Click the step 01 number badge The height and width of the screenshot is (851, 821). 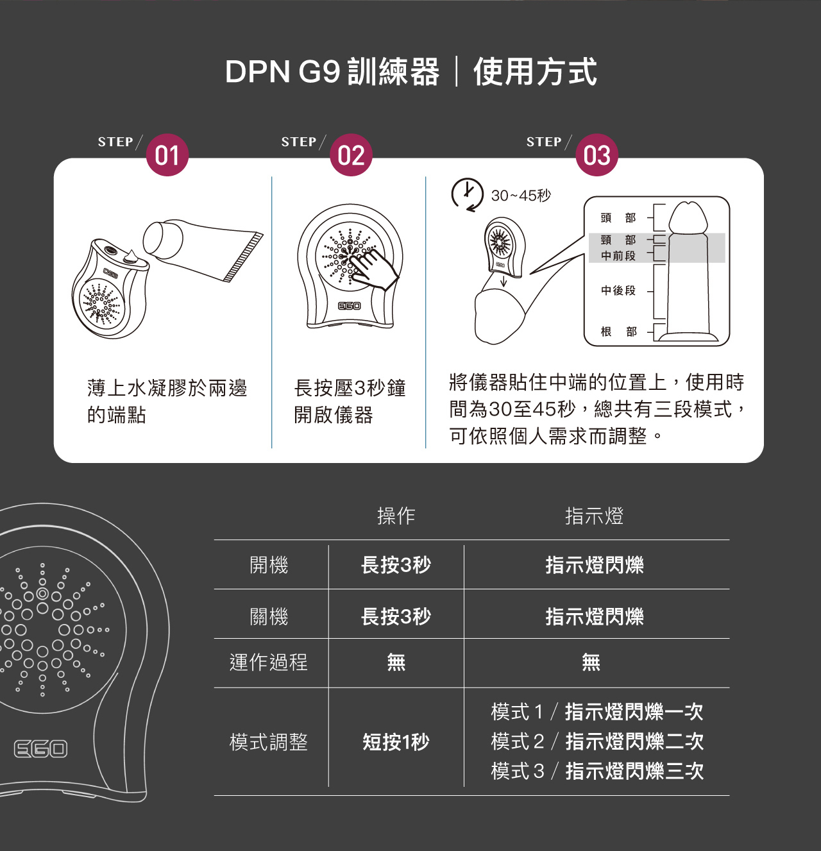click(167, 155)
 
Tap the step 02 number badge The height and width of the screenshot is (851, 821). click(351, 155)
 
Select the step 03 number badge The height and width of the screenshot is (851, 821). click(597, 155)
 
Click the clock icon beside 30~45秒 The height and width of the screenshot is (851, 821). click(467, 194)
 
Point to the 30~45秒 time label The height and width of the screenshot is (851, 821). click(521, 196)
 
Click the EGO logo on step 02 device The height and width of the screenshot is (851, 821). click(349, 306)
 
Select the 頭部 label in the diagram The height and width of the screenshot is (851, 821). click(618, 218)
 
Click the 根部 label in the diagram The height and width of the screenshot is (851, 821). click(618, 332)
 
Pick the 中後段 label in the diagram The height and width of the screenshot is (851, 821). click(618, 291)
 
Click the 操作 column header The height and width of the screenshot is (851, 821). click(396, 516)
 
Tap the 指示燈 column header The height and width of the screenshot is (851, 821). click(594, 516)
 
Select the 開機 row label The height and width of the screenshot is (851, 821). click(269, 565)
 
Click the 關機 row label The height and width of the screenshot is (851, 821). click(269, 616)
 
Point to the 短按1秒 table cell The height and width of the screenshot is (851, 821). click(396, 742)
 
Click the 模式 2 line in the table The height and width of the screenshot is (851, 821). click(597, 741)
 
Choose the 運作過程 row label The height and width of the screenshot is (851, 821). click(269, 662)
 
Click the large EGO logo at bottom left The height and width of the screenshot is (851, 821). click(41, 748)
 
